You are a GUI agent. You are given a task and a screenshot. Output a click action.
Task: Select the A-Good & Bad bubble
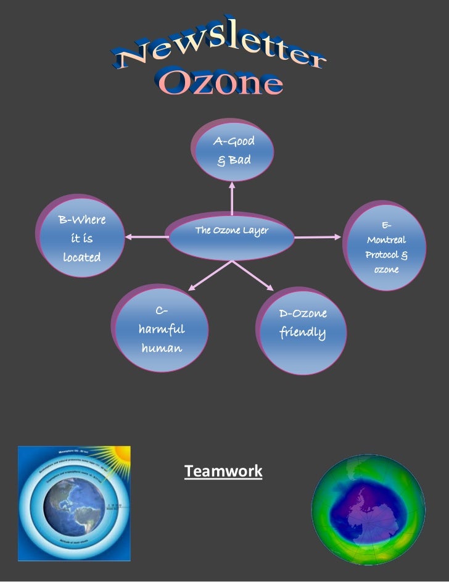tap(233, 151)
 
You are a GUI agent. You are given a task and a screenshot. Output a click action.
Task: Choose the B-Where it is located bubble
tap(82, 238)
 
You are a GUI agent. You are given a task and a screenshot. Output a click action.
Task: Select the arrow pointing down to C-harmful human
tap(210, 275)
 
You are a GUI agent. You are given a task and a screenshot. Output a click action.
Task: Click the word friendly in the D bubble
tap(302, 333)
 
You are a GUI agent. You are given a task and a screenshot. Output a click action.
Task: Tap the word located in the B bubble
tap(81, 257)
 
